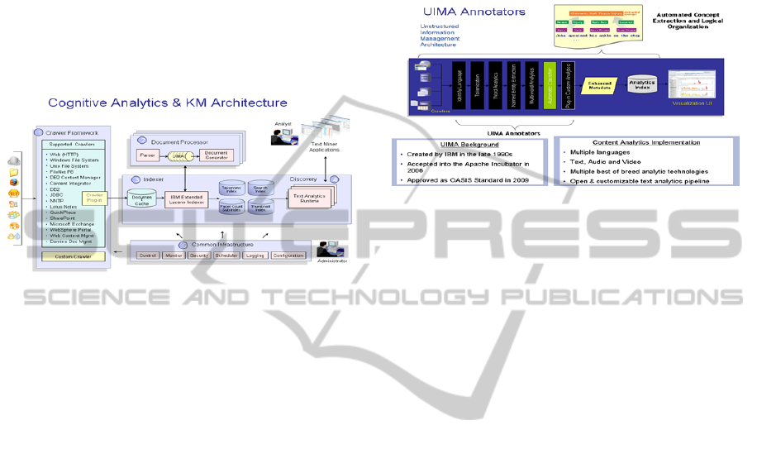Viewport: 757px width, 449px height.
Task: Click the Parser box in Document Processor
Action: click(x=150, y=154)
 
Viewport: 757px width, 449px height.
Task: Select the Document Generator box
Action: click(x=216, y=154)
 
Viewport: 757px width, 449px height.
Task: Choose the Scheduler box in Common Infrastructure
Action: click(x=226, y=256)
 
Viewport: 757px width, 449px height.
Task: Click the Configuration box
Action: click(x=288, y=256)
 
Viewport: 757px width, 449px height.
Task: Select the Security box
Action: click(x=198, y=256)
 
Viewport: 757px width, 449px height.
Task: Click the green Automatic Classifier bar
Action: click(x=548, y=86)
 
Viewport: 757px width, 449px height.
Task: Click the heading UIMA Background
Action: click(x=469, y=144)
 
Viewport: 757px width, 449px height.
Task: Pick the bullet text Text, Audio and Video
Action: click(x=605, y=162)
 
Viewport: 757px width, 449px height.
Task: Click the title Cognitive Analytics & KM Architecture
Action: click(x=168, y=103)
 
